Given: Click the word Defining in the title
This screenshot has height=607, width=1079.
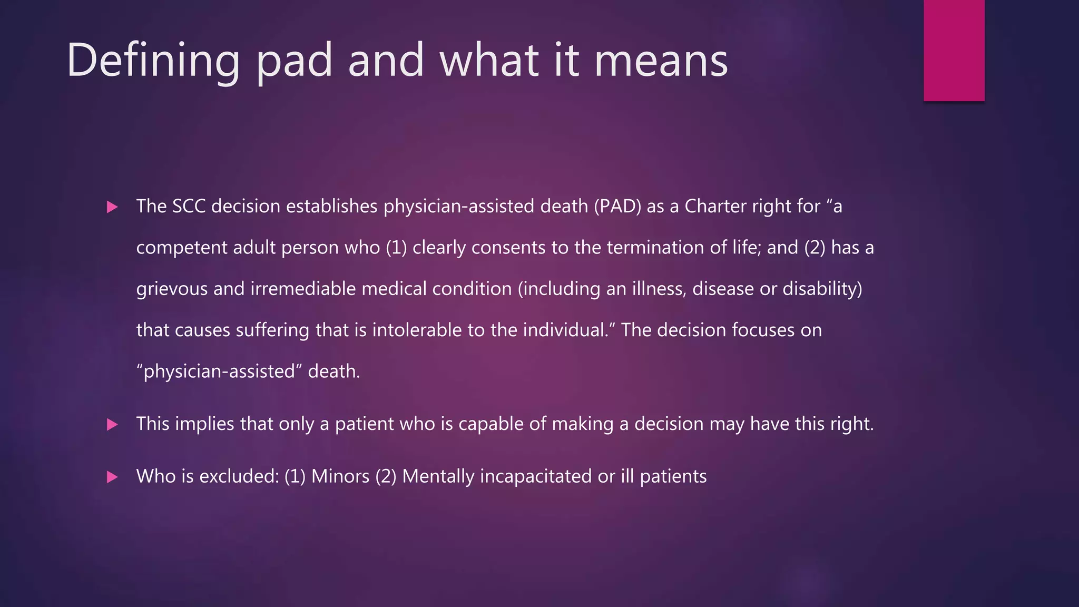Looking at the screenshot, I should tap(153, 61).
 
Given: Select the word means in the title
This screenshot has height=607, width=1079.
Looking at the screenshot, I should tap(661, 61).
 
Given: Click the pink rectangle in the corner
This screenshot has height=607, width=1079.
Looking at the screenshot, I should tap(954, 50).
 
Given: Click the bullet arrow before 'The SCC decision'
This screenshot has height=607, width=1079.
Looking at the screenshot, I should tap(112, 207).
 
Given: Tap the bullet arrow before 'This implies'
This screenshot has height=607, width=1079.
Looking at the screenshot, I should tap(112, 425).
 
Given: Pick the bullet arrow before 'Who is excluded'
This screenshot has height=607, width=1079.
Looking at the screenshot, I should tap(112, 477).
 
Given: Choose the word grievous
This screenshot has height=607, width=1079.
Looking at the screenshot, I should tap(171, 289).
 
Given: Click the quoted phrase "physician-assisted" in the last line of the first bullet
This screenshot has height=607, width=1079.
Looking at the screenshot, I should tap(219, 371).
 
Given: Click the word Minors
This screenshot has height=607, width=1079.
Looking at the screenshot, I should tap(340, 476).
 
